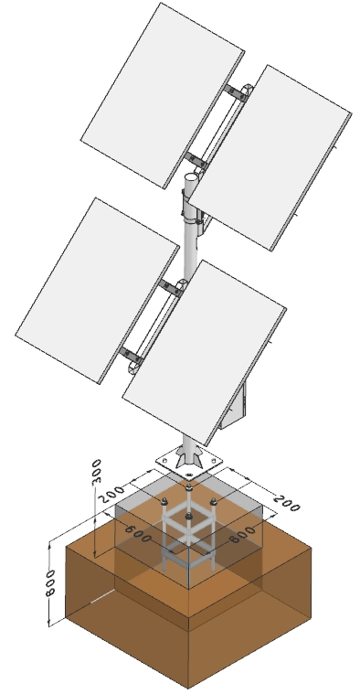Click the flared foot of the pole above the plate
click(186, 452)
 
